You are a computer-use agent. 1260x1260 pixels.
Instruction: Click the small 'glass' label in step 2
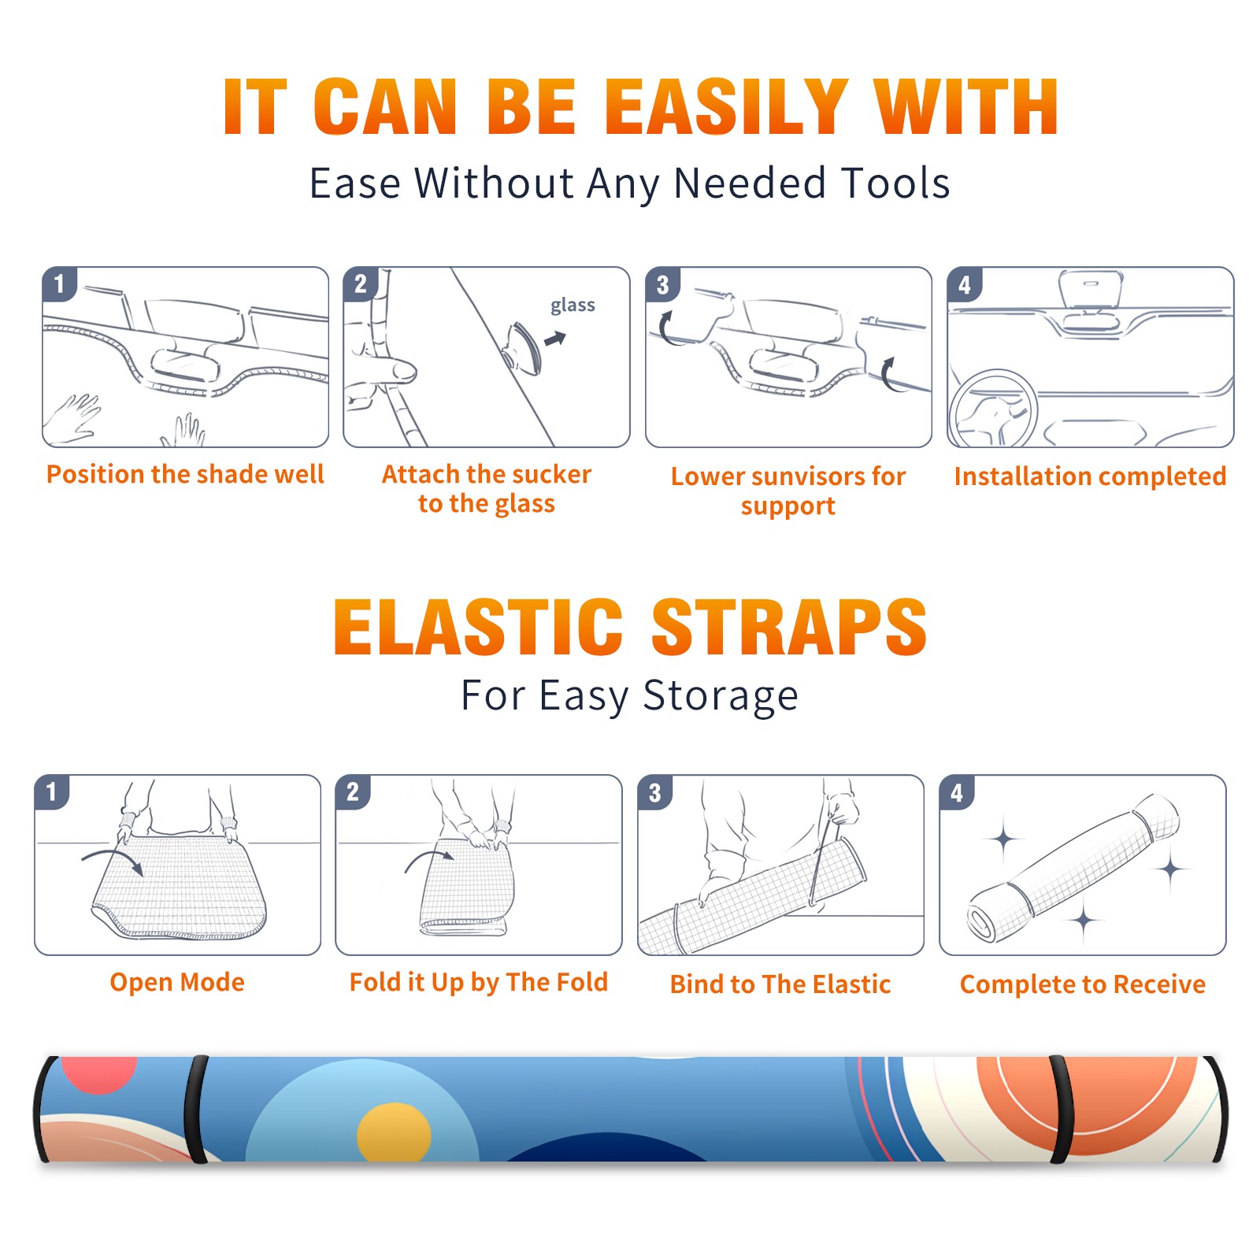(x=573, y=306)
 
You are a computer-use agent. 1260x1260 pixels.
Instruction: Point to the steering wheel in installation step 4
(x=993, y=409)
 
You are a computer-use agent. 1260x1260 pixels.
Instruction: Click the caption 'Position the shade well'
(x=185, y=474)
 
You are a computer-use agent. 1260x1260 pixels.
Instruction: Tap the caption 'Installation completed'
(x=1090, y=476)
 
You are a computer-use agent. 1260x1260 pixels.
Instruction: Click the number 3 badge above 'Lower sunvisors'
(x=662, y=284)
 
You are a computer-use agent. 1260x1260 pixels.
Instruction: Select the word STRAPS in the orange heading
(x=789, y=627)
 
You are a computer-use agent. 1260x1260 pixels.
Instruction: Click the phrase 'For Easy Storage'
(x=629, y=695)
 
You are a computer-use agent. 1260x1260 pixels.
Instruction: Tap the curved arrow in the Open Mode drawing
(x=113, y=859)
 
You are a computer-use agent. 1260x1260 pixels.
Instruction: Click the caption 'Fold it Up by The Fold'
(x=479, y=982)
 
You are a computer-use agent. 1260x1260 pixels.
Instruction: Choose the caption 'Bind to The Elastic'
(x=780, y=984)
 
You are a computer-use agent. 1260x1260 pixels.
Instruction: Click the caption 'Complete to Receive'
(x=1083, y=984)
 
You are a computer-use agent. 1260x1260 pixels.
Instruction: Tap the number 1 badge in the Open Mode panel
(x=52, y=791)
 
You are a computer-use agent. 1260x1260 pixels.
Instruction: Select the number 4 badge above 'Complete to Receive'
(x=957, y=792)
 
